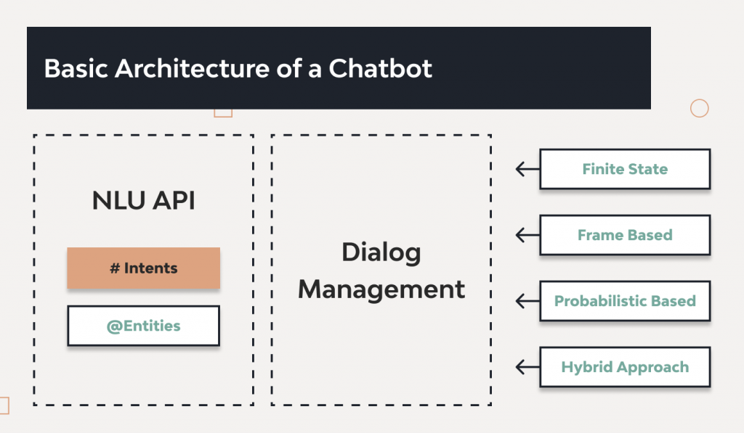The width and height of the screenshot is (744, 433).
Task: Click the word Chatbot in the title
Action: (381, 68)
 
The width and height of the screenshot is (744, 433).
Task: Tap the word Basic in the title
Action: (75, 68)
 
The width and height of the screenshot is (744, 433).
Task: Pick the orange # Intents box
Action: (143, 268)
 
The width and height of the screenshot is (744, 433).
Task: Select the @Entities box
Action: (143, 326)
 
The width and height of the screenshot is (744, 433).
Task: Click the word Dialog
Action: (381, 252)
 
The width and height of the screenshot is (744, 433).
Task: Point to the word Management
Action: (381, 289)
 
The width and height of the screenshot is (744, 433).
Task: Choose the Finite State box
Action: (624, 169)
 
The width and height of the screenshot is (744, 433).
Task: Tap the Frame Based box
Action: (624, 235)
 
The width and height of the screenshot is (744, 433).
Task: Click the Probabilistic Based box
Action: (624, 301)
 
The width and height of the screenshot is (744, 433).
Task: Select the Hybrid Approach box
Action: (624, 367)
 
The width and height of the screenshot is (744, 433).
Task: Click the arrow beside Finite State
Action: (527, 169)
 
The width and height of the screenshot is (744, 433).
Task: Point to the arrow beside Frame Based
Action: (527, 235)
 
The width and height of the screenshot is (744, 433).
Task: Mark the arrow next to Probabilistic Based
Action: (527, 301)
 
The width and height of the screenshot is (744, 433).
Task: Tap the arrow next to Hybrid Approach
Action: (527, 367)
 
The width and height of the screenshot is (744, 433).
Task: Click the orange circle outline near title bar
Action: (699, 109)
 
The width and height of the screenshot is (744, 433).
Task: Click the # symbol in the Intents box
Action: (114, 268)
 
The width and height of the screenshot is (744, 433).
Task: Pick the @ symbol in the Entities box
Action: (113, 326)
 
